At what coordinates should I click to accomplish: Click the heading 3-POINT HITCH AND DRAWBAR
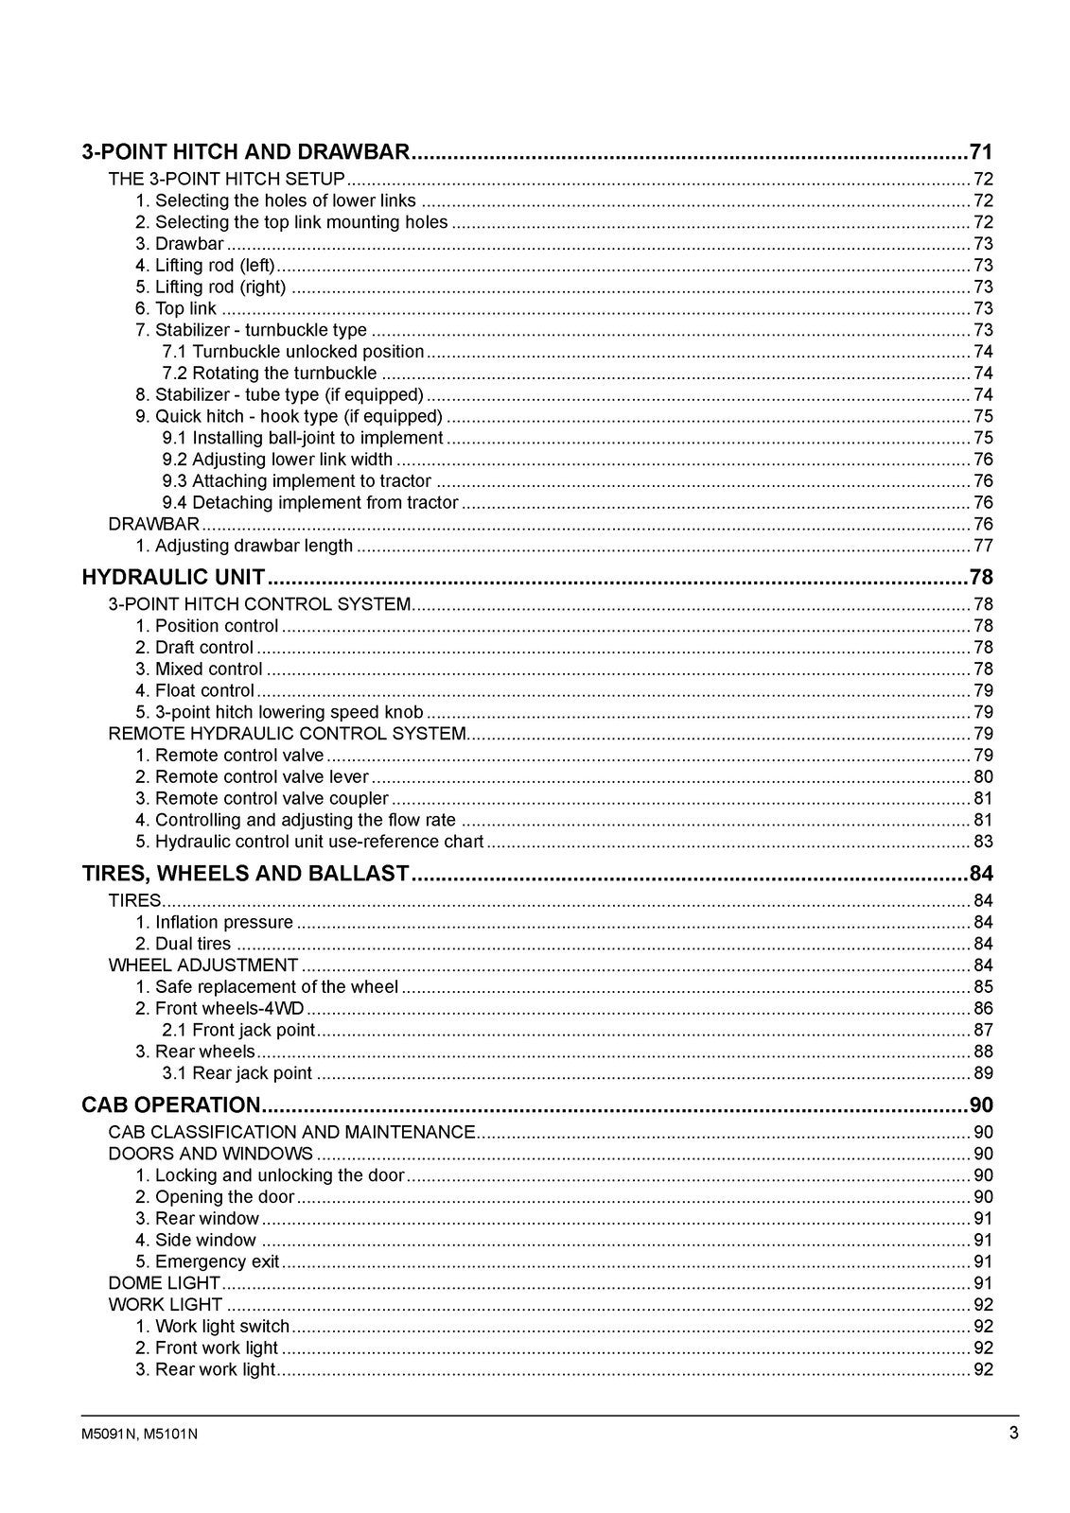click(246, 151)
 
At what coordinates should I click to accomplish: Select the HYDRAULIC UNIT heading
click(173, 577)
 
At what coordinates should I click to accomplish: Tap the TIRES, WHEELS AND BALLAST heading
click(246, 873)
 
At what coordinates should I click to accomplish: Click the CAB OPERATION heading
click(171, 1104)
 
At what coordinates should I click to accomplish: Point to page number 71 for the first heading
click(981, 151)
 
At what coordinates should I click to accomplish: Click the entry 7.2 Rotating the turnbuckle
click(270, 373)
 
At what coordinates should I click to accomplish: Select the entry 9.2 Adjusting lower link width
click(277, 460)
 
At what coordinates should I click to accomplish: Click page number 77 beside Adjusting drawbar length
click(983, 546)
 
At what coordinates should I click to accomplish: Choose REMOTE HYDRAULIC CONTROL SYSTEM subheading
click(288, 734)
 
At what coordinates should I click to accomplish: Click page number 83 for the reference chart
click(983, 842)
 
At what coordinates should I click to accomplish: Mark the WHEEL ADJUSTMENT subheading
click(203, 965)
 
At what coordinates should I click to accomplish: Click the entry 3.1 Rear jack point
click(237, 1073)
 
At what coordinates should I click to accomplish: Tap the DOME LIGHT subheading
click(165, 1283)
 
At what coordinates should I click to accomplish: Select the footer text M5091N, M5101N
click(140, 1434)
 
